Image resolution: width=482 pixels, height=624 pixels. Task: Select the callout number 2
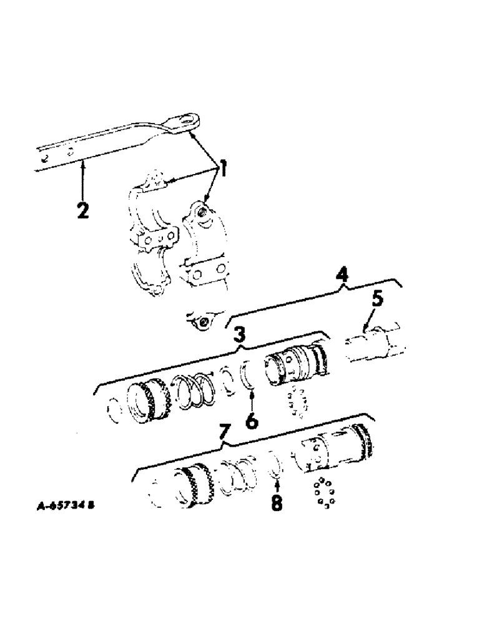(83, 208)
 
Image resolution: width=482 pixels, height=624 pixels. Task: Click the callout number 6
(251, 421)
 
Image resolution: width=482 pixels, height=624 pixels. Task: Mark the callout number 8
(275, 500)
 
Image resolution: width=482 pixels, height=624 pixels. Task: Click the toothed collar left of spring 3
(149, 396)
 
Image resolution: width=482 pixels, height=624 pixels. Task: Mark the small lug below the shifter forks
(202, 321)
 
